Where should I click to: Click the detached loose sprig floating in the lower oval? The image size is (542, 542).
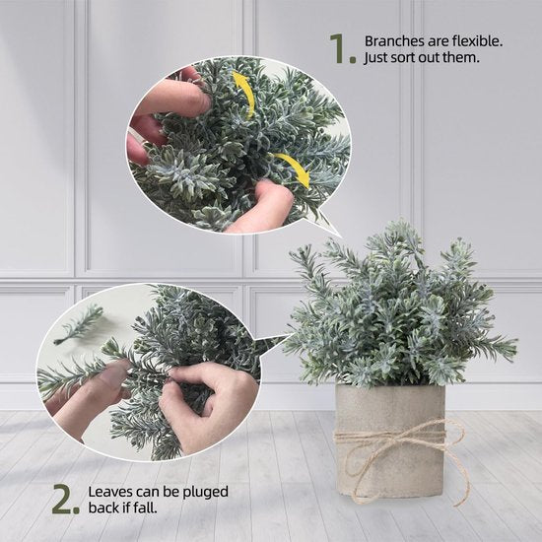[x=79, y=324]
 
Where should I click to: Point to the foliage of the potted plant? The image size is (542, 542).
[x=394, y=305]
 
